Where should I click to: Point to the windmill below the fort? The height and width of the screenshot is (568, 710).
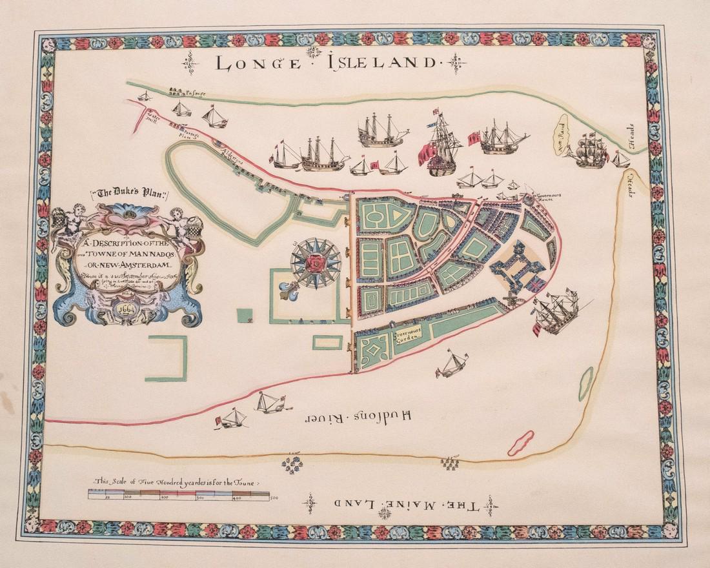click(510, 298)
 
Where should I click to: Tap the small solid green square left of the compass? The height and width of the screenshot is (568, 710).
click(245, 316)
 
